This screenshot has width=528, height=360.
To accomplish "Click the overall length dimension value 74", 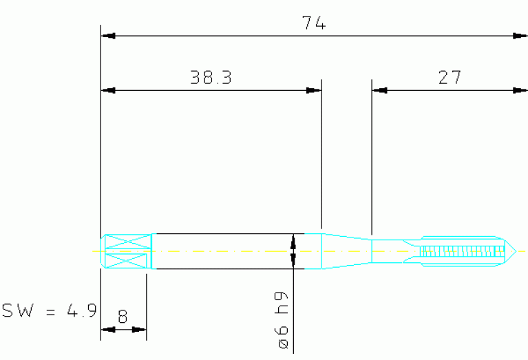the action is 314,23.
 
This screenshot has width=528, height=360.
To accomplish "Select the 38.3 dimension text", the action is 211,77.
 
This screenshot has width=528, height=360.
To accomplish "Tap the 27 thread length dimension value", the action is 450,77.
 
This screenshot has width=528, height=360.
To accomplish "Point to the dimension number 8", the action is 123,317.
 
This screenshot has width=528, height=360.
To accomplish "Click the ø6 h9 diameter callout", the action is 282,320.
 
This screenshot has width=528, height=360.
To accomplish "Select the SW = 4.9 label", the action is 50,310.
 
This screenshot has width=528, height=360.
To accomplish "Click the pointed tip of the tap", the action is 516,251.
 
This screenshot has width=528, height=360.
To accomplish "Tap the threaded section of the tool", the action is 462,251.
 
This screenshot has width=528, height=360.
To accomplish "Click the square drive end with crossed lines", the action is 126,251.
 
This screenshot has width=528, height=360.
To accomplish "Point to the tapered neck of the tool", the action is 346,251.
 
